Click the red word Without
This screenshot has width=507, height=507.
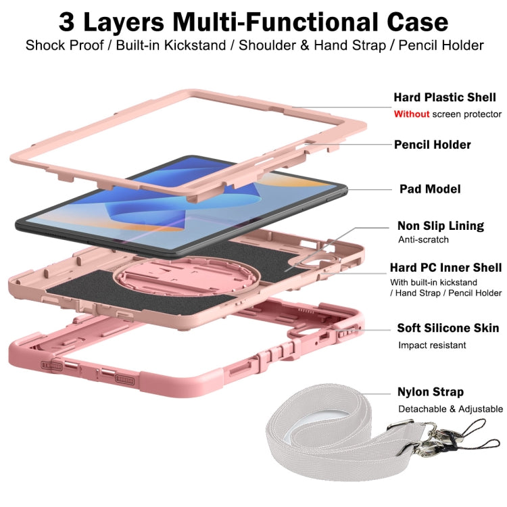[x=411, y=114]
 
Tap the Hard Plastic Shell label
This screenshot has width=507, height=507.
[x=445, y=98]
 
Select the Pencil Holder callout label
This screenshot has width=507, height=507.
[x=432, y=145]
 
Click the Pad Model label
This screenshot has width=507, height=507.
[x=430, y=189]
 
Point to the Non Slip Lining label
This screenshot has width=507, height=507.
[x=441, y=226]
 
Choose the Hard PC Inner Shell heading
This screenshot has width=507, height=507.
[x=445, y=268]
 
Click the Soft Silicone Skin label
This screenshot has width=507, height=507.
[x=448, y=329]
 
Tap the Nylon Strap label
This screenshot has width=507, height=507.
[x=430, y=392]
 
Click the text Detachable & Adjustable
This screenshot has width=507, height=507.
[x=450, y=409]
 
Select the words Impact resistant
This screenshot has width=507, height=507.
[x=431, y=345]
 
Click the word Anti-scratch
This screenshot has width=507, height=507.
[x=423, y=240]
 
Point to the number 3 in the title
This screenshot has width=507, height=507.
[x=68, y=22]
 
